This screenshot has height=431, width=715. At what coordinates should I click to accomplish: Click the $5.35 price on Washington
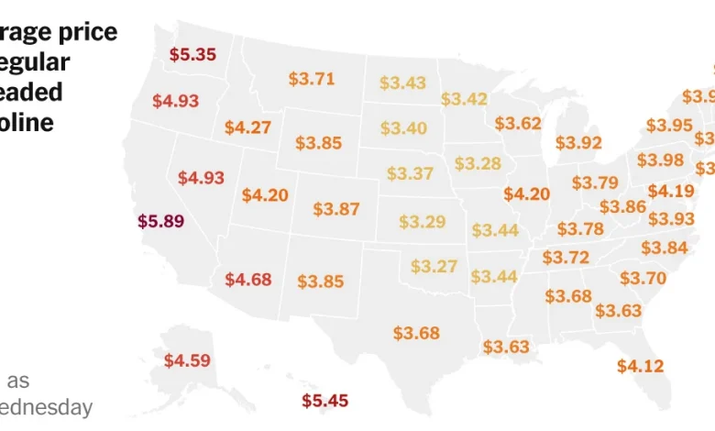pyautogui.click(x=192, y=54)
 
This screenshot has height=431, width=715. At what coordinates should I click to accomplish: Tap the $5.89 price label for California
pyautogui.click(x=160, y=221)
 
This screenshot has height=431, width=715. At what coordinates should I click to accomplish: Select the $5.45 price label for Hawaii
pyautogui.click(x=325, y=401)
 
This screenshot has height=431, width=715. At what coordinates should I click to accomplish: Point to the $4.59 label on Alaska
pyautogui.click(x=187, y=360)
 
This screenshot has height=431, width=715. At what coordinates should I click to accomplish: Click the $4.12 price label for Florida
pyautogui.click(x=640, y=366)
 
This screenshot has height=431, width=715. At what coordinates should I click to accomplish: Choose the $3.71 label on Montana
pyautogui.click(x=312, y=79)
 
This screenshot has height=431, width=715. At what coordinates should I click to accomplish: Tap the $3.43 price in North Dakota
pyautogui.click(x=402, y=83)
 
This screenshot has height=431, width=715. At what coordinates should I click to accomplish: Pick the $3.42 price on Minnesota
pyautogui.click(x=464, y=99)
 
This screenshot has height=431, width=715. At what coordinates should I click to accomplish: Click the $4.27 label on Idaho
pyautogui.click(x=247, y=127)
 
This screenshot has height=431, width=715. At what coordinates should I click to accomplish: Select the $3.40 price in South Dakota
pyautogui.click(x=403, y=127)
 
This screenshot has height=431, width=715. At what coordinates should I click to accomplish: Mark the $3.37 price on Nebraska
pyautogui.click(x=410, y=173)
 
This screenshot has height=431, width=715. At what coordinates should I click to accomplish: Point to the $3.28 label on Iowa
pyautogui.click(x=478, y=163)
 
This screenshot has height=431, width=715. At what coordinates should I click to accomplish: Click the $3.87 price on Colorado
pyautogui.click(x=336, y=209)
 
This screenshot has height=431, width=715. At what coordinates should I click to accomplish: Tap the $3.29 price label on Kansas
pyautogui.click(x=422, y=221)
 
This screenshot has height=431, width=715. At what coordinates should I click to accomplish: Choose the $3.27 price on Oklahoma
pyautogui.click(x=434, y=266)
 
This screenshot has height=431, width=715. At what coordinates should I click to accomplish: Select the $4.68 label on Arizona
pyautogui.click(x=247, y=279)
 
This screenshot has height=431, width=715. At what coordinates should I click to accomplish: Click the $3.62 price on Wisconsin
pyautogui.click(x=518, y=123)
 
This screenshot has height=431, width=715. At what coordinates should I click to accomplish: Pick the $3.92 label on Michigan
pyautogui.click(x=578, y=142)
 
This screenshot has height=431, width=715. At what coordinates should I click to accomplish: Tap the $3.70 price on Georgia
pyautogui.click(x=643, y=278)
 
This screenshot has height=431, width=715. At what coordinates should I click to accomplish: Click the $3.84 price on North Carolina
pyautogui.click(x=664, y=248)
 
